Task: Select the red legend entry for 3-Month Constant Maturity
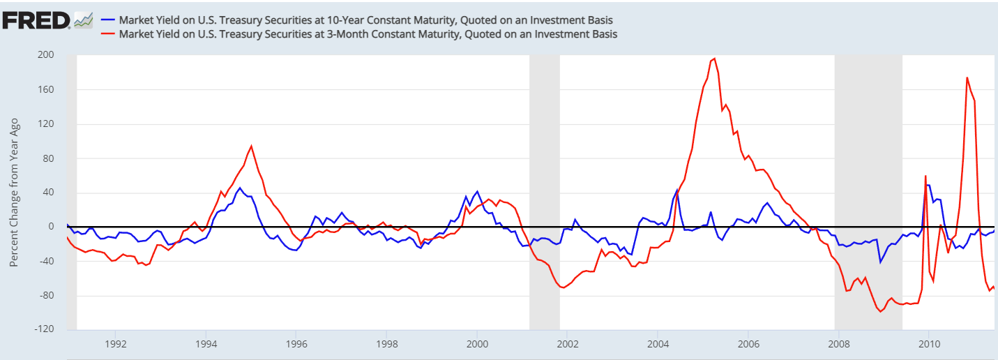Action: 363,33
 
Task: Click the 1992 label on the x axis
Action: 116,344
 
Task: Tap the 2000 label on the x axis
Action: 477,344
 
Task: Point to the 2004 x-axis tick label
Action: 658,344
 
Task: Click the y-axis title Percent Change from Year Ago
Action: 15,192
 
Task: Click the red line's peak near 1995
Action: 251,146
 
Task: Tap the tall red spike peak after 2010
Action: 967,77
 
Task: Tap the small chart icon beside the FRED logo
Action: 84,20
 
